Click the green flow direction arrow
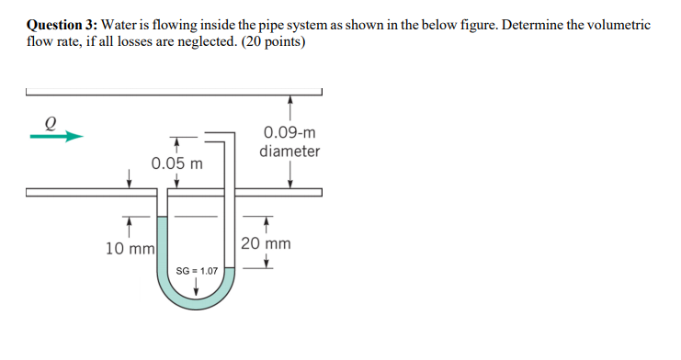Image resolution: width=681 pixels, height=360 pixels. tap(56, 137)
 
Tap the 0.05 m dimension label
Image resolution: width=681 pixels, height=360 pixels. tap(177, 163)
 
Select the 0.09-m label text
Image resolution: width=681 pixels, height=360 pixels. tap(289, 132)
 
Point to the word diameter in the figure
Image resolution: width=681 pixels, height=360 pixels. tap(289, 151)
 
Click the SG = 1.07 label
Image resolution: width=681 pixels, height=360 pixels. tap(198, 272)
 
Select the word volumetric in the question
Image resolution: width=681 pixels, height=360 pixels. tap(617, 25)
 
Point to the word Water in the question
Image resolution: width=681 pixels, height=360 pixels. tap(120, 25)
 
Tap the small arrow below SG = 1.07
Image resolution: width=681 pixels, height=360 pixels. tap(197, 289)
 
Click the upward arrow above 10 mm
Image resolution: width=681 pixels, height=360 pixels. tap(129, 223)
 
